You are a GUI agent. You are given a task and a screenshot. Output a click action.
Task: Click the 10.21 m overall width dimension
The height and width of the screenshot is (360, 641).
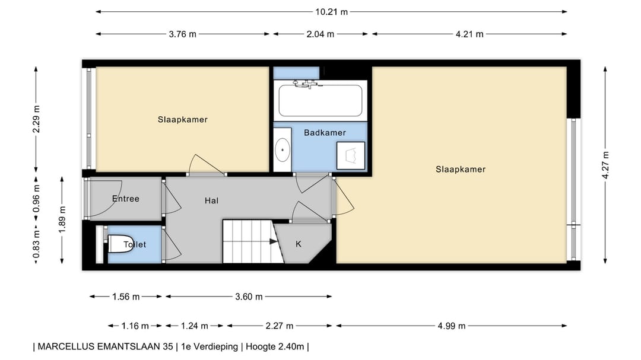click(331, 12)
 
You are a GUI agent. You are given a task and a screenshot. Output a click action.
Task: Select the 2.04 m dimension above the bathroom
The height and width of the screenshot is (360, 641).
click(320, 34)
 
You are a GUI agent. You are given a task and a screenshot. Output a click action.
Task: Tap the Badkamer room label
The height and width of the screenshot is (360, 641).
click(325, 133)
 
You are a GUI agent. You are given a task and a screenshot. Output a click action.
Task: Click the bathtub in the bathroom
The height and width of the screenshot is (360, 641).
click(320, 100)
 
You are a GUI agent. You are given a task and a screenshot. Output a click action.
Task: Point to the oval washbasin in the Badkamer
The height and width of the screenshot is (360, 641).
click(282, 150)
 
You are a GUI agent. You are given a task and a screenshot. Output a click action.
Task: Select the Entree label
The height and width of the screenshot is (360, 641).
click(125, 199)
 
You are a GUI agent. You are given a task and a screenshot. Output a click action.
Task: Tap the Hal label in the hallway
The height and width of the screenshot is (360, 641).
click(211, 200)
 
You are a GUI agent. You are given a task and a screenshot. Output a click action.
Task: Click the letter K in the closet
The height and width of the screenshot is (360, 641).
click(299, 244)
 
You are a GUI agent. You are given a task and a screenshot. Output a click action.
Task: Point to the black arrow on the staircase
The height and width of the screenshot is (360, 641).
click(274, 241)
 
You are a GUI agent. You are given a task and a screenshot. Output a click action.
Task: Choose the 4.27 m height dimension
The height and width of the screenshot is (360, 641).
click(605, 165)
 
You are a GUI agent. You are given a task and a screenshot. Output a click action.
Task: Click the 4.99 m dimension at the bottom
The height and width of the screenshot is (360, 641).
click(451, 326)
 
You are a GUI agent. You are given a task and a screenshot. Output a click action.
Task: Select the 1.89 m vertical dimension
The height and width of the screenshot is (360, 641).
click(62, 220)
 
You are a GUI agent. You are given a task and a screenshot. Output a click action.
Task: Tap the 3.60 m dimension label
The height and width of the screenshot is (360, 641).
click(249, 297)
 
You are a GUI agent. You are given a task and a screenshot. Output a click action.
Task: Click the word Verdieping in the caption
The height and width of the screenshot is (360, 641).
click(215, 347)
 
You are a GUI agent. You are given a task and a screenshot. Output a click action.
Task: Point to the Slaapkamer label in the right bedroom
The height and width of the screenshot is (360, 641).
click(461, 170)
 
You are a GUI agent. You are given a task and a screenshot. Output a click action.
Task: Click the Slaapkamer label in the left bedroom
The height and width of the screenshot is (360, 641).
click(182, 120)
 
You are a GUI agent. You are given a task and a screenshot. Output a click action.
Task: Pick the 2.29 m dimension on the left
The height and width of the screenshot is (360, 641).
click(36, 119)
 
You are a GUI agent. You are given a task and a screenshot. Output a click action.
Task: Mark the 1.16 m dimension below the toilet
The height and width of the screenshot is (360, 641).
click(135, 326)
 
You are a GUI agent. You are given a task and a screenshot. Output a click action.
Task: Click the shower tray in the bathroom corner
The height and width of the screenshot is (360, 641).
click(351, 156)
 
